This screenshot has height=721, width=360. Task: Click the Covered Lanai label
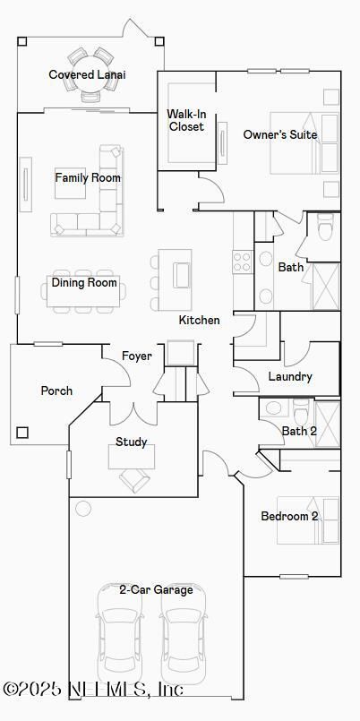[x=88, y=74]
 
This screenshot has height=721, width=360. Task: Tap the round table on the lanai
[x=90, y=73]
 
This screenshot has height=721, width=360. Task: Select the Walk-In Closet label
[x=185, y=119]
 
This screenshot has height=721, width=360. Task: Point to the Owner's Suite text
[x=280, y=134]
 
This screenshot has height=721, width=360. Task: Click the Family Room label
[x=88, y=177]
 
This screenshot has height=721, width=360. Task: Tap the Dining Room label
[x=84, y=282]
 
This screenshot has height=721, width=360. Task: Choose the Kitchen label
[x=199, y=320]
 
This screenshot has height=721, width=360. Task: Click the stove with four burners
[x=243, y=262]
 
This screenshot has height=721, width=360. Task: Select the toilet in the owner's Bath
[x=326, y=228]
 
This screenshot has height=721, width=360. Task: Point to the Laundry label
[x=290, y=376]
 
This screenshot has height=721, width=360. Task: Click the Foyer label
[x=136, y=356]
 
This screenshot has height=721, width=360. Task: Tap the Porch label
[x=56, y=391]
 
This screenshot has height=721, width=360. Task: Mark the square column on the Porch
[x=22, y=433]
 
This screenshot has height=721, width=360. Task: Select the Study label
[x=131, y=442]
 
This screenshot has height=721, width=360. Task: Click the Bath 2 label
[x=299, y=432]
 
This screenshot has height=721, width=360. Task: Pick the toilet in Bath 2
[x=302, y=410]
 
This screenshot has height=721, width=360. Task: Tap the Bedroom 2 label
[x=289, y=516]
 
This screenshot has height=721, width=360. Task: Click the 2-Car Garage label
[x=157, y=590]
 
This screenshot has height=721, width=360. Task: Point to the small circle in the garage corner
[x=83, y=508]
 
